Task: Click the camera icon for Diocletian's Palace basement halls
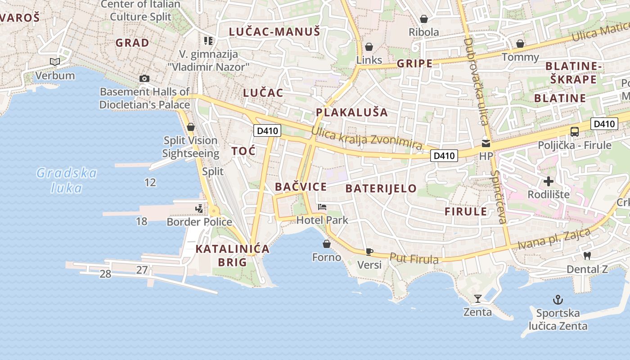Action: [144, 78]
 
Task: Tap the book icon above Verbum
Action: [55, 62]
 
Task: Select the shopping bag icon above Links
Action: [369, 47]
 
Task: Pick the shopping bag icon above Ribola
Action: [423, 19]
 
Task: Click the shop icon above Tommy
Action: [520, 44]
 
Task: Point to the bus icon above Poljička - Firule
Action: [575, 132]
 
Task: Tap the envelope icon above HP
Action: [486, 144]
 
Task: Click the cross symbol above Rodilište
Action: [548, 181]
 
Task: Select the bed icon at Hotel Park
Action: [322, 207]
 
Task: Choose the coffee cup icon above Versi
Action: [369, 252]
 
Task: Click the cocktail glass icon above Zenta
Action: [477, 298]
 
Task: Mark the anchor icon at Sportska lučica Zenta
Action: [558, 300]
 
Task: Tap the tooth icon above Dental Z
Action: [587, 256]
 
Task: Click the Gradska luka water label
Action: [67, 180]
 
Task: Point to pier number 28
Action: [105, 274]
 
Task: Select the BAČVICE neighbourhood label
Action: [301, 187]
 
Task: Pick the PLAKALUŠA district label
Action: [351, 112]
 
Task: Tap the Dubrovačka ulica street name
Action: [476, 81]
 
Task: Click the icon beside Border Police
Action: [199, 209]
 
